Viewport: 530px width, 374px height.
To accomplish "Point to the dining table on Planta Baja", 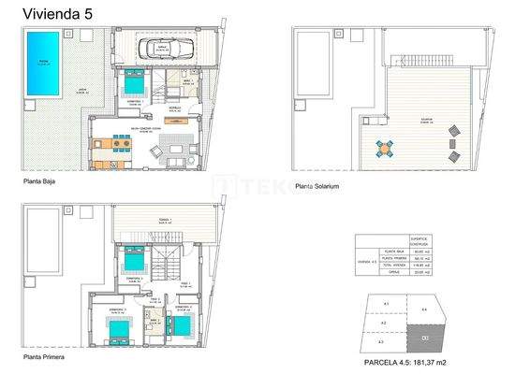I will coord(115,144).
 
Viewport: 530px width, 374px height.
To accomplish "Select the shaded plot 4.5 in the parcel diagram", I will coord(426,338).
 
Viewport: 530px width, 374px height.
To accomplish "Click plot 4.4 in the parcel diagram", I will coord(423,309).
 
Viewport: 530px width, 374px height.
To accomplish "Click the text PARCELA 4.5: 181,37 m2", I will coord(405,362).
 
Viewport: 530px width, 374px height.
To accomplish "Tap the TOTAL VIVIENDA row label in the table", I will coord(391,266).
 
